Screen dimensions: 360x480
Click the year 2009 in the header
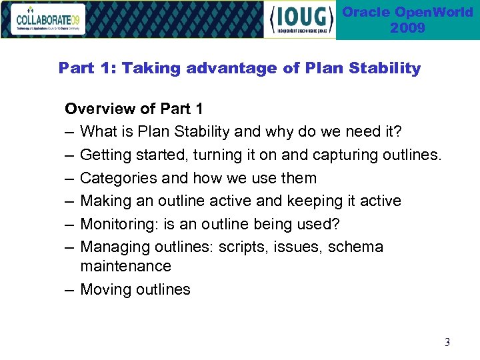point(407,28)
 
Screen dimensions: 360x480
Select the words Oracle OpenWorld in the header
point(408,12)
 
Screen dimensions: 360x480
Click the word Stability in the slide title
point(389,68)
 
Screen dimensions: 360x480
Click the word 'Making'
point(103,201)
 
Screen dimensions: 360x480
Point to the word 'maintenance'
point(125,266)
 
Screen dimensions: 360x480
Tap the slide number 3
point(447,343)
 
